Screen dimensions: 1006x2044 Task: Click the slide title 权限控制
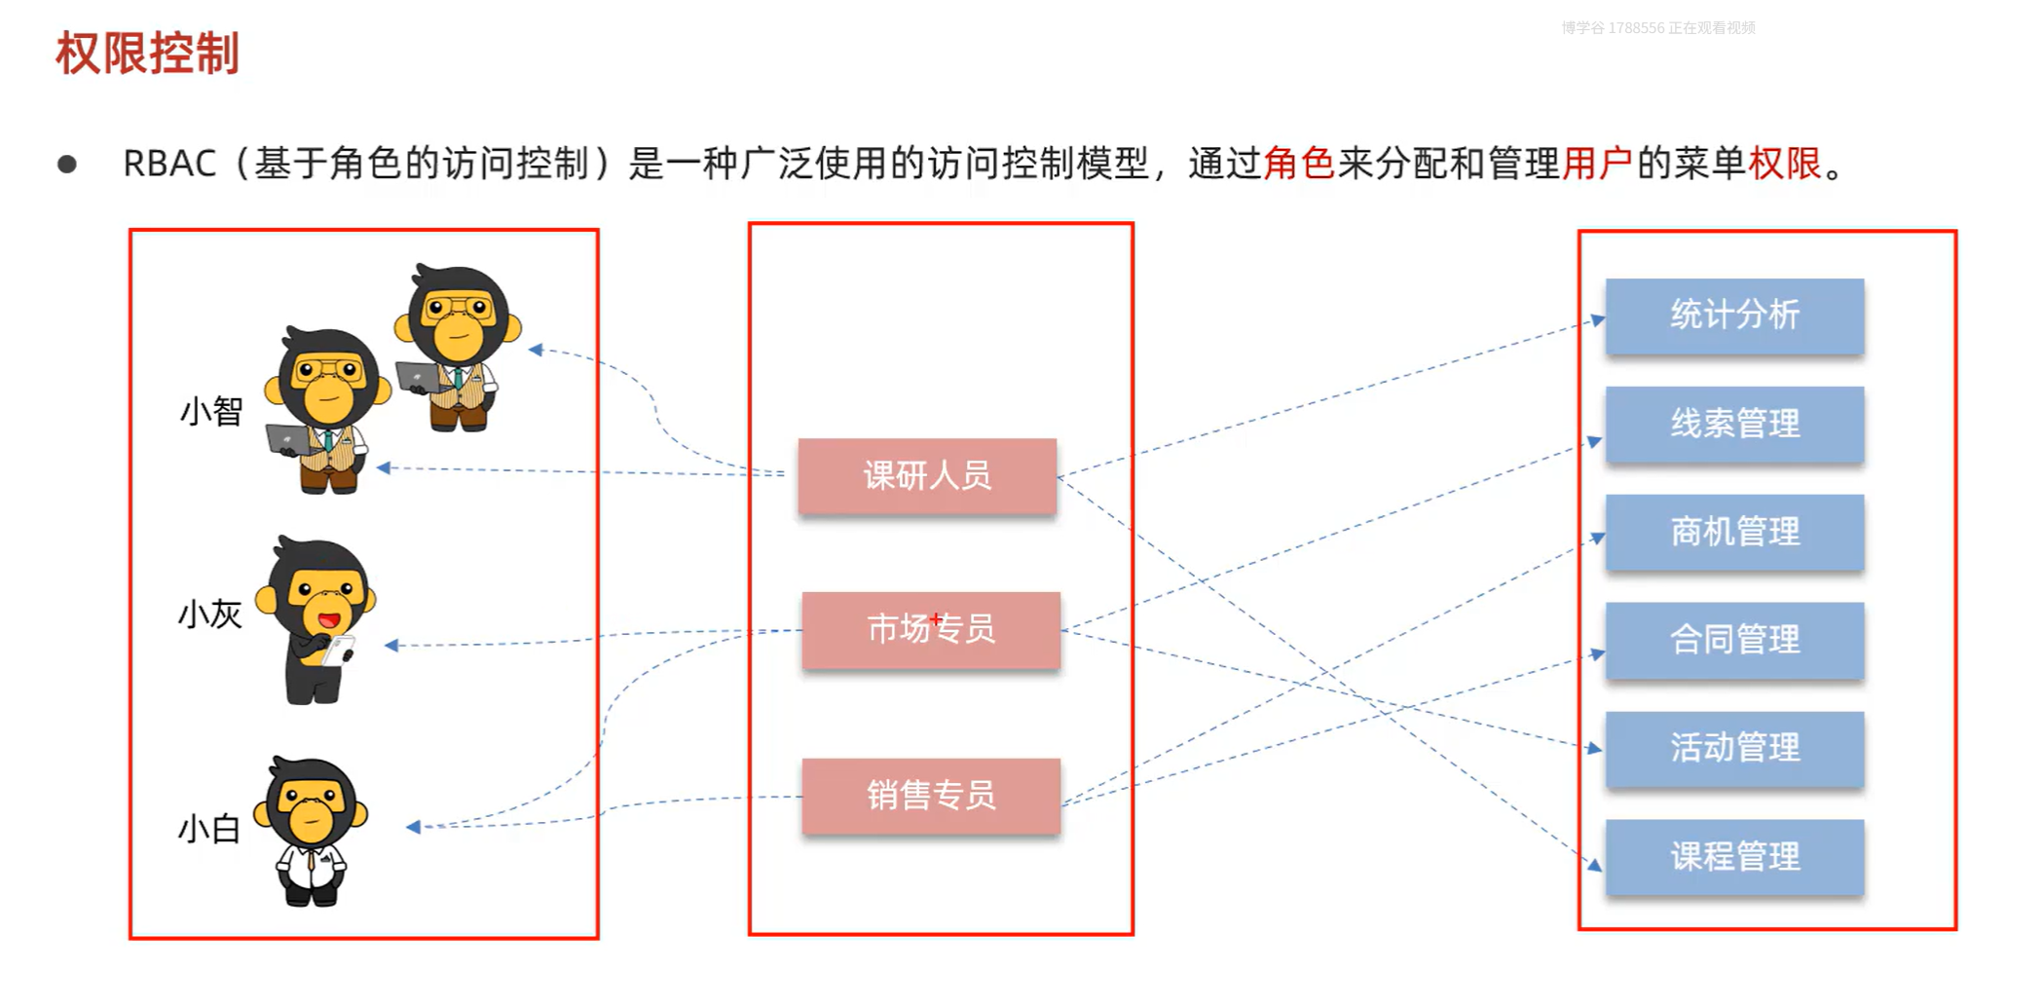pyautogui.click(x=147, y=54)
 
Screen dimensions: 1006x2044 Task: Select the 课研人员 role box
pyautogui.click(x=927, y=476)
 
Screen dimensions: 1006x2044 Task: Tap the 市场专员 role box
pyautogui.click(x=931, y=630)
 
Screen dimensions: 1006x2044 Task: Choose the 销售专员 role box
pyautogui.click(x=931, y=797)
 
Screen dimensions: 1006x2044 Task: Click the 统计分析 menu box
pyautogui.click(x=1734, y=316)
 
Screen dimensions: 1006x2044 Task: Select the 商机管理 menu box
pyautogui.click(x=1734, y=533)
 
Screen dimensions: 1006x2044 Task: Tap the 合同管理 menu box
pyautogui.click(x=1734, y=641)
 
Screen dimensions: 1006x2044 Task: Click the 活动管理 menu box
pyautogui.click(x=1734, y=749)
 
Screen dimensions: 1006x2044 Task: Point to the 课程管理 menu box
pyautogui.click(x=1734, y=858)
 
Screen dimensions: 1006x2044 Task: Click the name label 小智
pyautogui.click(x=210, y=412)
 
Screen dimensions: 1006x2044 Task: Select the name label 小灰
pyautogui.click(x=209, y=615)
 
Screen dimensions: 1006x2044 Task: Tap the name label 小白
pyautogui.click(x=208, y=830)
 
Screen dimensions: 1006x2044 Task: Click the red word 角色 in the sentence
pyautogui.click(x=1299, y=164)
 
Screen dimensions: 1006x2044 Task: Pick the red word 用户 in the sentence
pyautogui.click(x=1597, y=164)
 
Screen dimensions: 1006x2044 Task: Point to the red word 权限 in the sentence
pyautogui.click(x=1784, y=164)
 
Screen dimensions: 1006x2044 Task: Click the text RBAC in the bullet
pyautogui.click(x=169, y=164)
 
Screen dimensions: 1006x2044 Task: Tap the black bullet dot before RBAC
pyautogui.click(x=67, y=164)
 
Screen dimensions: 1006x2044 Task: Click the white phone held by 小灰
pyautogui.click(x=339, y=650)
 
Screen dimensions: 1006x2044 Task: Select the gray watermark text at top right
pyautogui.click(x=1657, y=28)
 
